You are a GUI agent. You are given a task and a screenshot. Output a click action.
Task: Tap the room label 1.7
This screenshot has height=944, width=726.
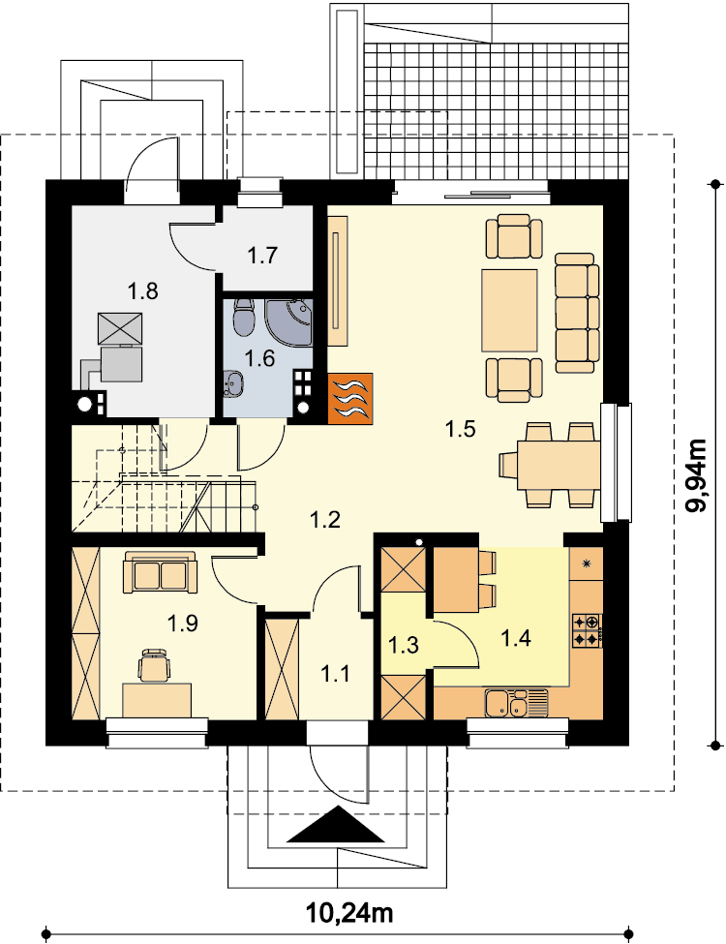(x=262, y=256)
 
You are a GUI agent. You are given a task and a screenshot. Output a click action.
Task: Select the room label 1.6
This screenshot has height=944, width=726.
(x=259, y=358)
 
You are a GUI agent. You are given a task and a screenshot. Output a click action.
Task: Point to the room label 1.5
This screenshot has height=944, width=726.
(x=461, y=429)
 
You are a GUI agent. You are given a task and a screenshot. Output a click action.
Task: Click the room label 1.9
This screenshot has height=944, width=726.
(x=182, y=623)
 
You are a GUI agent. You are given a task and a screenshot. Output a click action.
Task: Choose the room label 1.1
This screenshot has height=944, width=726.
(x=335, y=674)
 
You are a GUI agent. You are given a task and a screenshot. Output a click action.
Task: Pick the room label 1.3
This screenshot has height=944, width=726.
(x=403, y=645)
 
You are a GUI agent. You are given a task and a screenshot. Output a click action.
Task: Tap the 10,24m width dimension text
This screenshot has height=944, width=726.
(x=349, y=913)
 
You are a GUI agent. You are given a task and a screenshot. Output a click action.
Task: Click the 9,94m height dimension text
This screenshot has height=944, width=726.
(x=698, y=476)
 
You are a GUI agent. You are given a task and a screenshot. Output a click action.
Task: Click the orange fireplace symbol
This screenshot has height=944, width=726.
(x=350, y=398)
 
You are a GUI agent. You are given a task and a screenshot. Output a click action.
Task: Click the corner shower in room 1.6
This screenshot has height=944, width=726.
(x=289, y=322)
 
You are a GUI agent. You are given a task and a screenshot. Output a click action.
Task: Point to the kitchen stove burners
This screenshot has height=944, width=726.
(x=587, y=630)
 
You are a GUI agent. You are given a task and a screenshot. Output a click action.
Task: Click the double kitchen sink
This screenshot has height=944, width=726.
(x=517, y=703)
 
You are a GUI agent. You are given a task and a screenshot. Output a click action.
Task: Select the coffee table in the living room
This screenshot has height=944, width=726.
(x=509, y=310)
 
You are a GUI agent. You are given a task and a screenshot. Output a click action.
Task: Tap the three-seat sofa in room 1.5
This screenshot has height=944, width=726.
(x=577, y=313)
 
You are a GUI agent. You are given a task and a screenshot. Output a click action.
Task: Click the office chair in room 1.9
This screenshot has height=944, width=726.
(x=154, y=665)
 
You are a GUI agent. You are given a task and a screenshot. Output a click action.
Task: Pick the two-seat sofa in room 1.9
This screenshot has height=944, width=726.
(x=160, y=572)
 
